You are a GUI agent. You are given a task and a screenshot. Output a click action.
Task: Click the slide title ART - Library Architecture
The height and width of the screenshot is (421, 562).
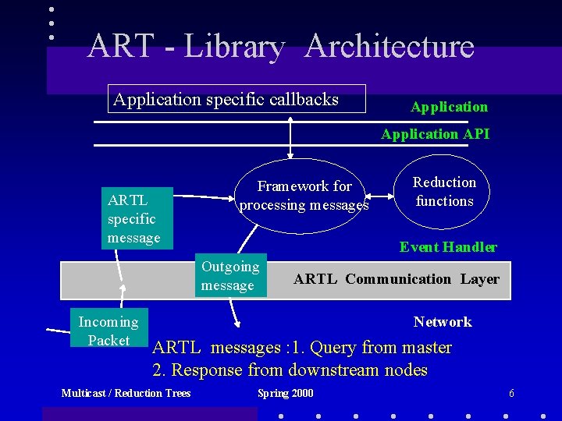point(281,46)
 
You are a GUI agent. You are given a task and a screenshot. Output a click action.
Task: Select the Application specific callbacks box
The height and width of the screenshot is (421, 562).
point(236,100)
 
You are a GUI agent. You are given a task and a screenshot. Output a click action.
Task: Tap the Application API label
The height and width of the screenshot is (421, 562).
point(435,134)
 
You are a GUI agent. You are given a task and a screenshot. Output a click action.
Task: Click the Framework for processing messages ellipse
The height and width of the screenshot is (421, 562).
point(304,196)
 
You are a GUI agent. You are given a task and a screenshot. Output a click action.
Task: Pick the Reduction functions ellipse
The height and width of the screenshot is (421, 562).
point(444,192)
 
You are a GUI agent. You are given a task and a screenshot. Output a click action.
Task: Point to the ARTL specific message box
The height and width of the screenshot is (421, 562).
point(133,218)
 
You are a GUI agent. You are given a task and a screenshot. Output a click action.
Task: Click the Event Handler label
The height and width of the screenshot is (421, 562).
point(448,247)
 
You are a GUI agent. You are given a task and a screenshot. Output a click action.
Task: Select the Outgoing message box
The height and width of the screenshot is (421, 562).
point(231,276)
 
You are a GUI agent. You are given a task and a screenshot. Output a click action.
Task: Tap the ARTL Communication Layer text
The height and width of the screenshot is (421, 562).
point(396,279)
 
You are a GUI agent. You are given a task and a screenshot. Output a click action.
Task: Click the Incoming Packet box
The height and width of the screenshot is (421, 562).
point(108,331)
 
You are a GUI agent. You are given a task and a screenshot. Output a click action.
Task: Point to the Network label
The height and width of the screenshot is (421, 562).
point(443,322)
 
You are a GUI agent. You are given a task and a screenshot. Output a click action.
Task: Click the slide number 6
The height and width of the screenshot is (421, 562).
point(511,393)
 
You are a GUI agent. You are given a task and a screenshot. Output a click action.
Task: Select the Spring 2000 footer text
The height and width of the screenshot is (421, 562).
point(285,393)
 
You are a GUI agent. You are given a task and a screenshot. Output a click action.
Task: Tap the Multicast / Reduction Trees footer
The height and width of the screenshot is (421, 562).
point(126,393)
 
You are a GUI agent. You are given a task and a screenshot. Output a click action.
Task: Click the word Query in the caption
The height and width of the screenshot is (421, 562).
point(333,348)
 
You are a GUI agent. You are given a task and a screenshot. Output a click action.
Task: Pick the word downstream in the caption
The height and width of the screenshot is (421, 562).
point(334,370)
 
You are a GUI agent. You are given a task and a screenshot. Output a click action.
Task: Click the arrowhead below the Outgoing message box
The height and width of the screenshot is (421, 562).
point(237,321)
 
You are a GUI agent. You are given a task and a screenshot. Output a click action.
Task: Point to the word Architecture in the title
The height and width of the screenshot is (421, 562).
point(389,46)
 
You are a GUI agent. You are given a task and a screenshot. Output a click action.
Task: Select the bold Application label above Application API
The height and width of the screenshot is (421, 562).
point(449,107)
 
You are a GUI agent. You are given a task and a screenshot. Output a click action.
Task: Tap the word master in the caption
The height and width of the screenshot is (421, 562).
point(425,348)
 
